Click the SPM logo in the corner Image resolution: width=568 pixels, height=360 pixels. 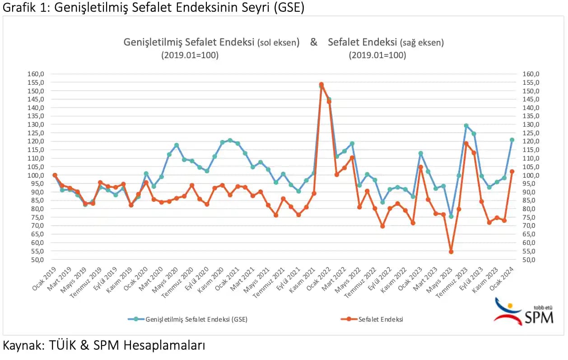pyautogui.click(x=524, y=311)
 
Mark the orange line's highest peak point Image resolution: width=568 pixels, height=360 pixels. pyautogui.click(x=321, y=84)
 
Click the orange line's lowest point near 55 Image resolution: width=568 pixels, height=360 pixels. pyautogui.click(x=451, y=252)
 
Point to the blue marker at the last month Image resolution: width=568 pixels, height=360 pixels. pyautogui.click(x=512, y=140)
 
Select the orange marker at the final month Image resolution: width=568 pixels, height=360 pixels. pyautogui.click(x=512, y=171)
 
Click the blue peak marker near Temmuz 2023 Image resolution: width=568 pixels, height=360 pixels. pyautogui.click(x=466, y=126)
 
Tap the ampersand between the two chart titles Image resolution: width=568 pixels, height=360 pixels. pyautogui.click(x=313, y=42)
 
